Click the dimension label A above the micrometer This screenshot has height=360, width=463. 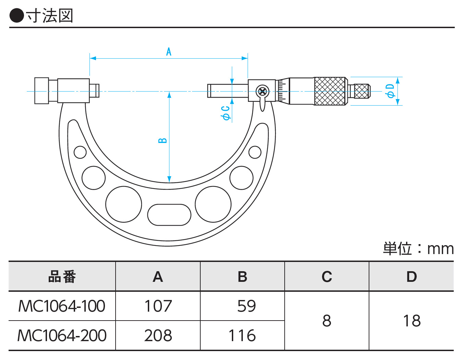(x=168, y=52)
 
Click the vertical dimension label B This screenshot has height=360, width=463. (x=163, y=141)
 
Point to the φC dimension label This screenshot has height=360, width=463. (x=225, y=113)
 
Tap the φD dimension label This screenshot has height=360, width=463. (x=390, y=91)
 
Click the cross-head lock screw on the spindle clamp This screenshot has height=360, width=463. (x=262, y=92)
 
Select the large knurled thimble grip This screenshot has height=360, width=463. (x=330, y=91)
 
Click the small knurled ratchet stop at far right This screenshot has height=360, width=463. (x=361, y=91)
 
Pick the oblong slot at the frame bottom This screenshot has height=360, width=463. (x=169, y=215)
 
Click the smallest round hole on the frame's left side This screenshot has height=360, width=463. (x=80, y=152)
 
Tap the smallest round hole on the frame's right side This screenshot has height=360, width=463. (x=255, y=152)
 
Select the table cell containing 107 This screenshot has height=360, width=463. (x=158, y=306)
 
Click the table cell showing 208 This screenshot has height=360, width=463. (x=158, y=335)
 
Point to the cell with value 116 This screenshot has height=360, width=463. (x=242, y=335)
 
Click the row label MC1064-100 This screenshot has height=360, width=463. (x=62, y=306)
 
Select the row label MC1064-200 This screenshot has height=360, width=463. (x=62, y=335)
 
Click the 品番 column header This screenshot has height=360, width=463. (x=62, y=277)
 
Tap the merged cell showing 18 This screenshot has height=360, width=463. (x=412, y=321)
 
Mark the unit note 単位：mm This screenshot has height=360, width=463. (x=418, y=249)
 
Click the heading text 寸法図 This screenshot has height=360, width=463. (x=49, y=16)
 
